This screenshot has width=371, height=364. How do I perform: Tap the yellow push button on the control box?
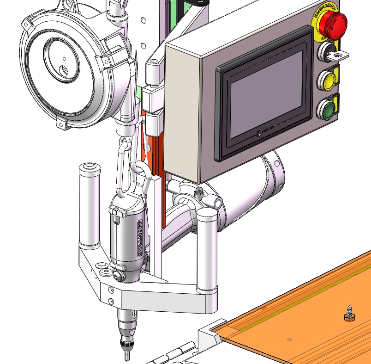pos(327,81)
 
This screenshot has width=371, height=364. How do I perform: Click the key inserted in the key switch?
pos(339,56)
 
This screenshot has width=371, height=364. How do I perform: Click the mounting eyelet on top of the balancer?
pos(68,5)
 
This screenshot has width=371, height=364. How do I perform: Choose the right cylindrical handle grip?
pos(207,250)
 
